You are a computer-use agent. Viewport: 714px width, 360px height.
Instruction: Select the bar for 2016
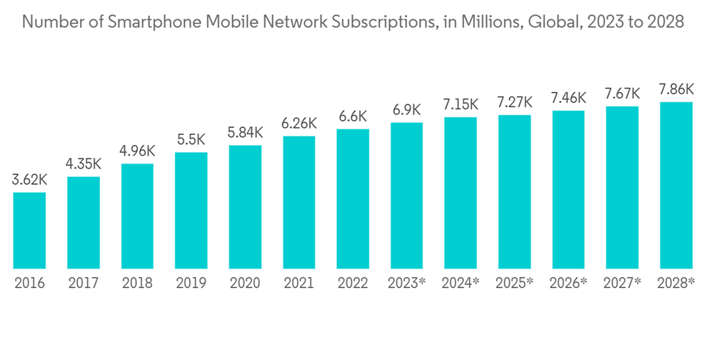(30, 231)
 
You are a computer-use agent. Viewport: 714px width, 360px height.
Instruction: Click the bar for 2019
(191, 211)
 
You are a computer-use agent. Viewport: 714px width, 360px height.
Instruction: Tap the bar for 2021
(299, 203)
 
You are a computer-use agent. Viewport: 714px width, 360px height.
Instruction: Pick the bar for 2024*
(461, 193)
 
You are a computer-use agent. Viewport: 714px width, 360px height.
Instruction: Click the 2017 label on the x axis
(84, 284)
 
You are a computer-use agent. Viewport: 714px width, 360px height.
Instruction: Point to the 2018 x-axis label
(137, 284)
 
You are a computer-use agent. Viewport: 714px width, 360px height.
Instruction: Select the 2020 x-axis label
(245, 284)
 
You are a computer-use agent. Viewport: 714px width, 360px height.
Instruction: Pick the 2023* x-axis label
(407, 284)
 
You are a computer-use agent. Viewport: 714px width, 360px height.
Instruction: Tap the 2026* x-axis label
(568, 284)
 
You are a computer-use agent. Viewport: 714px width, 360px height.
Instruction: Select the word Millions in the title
(483, 23)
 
